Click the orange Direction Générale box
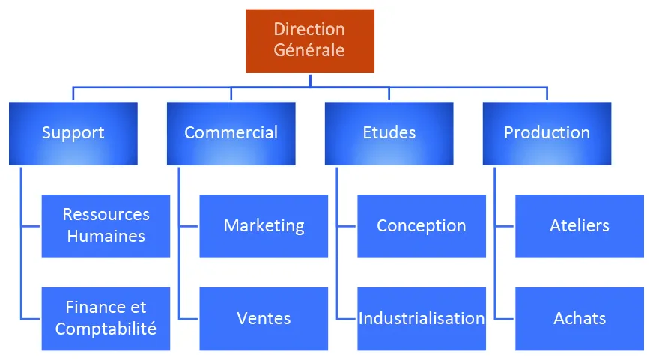click(309, 40)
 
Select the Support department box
click(73, 133)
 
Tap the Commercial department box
click(231, 133)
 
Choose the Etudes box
click(389, 133)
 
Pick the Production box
click(547, 133)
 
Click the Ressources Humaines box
click(106, 225)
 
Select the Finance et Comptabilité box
click(106, 318)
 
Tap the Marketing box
click(264, 225)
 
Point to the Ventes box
click(264, 318)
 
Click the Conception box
click(421, 225)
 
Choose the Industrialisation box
click(421, 318)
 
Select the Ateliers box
click(579, 225)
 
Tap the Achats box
click(579, 318)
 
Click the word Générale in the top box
click(309, 51)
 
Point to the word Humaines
click(106, 236)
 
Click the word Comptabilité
click(106, 329)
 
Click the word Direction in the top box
click(309, 30)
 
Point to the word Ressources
click(106, 215)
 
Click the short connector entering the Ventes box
click(189, 318)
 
